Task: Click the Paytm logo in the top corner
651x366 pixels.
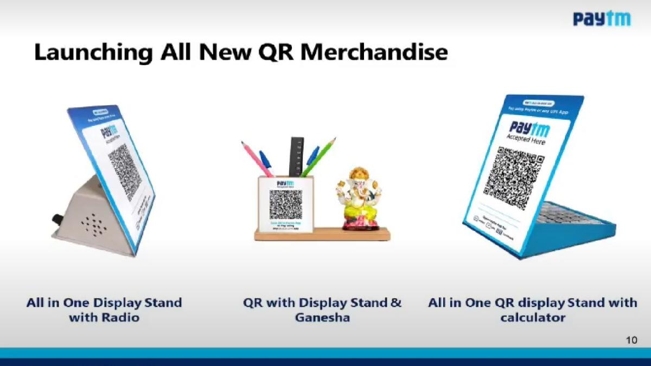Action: (x=602, y=20)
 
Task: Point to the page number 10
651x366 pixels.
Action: (x=631, y=340)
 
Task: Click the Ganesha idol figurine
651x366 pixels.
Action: (x=358, y=197)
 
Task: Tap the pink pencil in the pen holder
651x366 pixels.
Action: (x=257, y=158)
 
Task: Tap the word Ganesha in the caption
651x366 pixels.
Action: (x=322, y=318)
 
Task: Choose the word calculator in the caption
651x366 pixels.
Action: (x=532, y=318)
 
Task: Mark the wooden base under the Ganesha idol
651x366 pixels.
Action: (x=322, y=234)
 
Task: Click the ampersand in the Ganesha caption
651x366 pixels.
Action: (x=396, y=303)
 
